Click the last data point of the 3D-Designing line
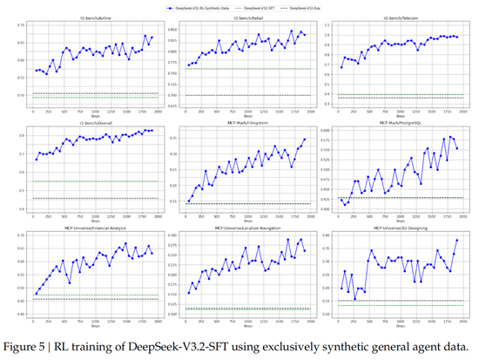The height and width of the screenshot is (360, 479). [x=456, y=240]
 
